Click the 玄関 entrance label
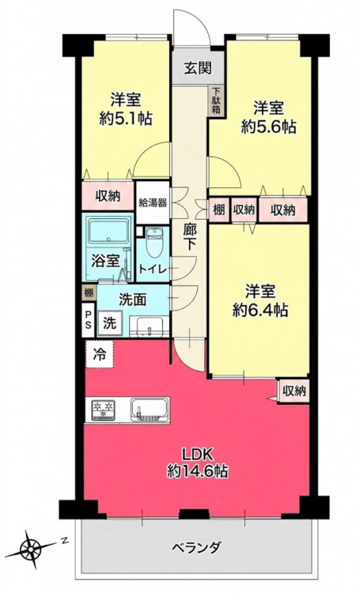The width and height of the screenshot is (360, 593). pyautogui.click(x=198, y=69)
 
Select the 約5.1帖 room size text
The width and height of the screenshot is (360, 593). pyautogui.click(x=126, y=119)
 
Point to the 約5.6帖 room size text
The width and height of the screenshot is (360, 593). pyautogui.click(x=269, y=127)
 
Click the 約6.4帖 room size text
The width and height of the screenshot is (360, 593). pyautogui.click(x=260, y=311)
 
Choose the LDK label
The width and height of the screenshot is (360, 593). pyautogui.click(x=198, y=453)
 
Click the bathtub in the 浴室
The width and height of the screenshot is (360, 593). pyautogui.click(x=108, y=231)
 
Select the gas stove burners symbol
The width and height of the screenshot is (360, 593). pyautogui.click(x=104, y=410)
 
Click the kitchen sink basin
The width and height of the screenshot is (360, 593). pyautogui.click(x=150, y=410)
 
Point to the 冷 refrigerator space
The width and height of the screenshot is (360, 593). pyautogui.click(x=99, y=354)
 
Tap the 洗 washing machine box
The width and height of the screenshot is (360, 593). pyautogui.click(x=110, y=323)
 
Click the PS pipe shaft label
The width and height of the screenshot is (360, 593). pyautogui.click(x=88, y=319)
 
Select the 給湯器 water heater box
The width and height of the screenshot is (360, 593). pyautogui.click(x=153, y=202)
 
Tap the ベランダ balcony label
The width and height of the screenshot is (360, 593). pyautogui.click(x=196, y=547)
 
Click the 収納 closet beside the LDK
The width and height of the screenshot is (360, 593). pyautogui.click(x=294, y=391)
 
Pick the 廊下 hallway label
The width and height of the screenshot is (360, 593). pyautogui.click(x=189, y=236)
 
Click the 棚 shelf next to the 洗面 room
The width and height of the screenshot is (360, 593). pyautogui.click(x=89, y=293)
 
